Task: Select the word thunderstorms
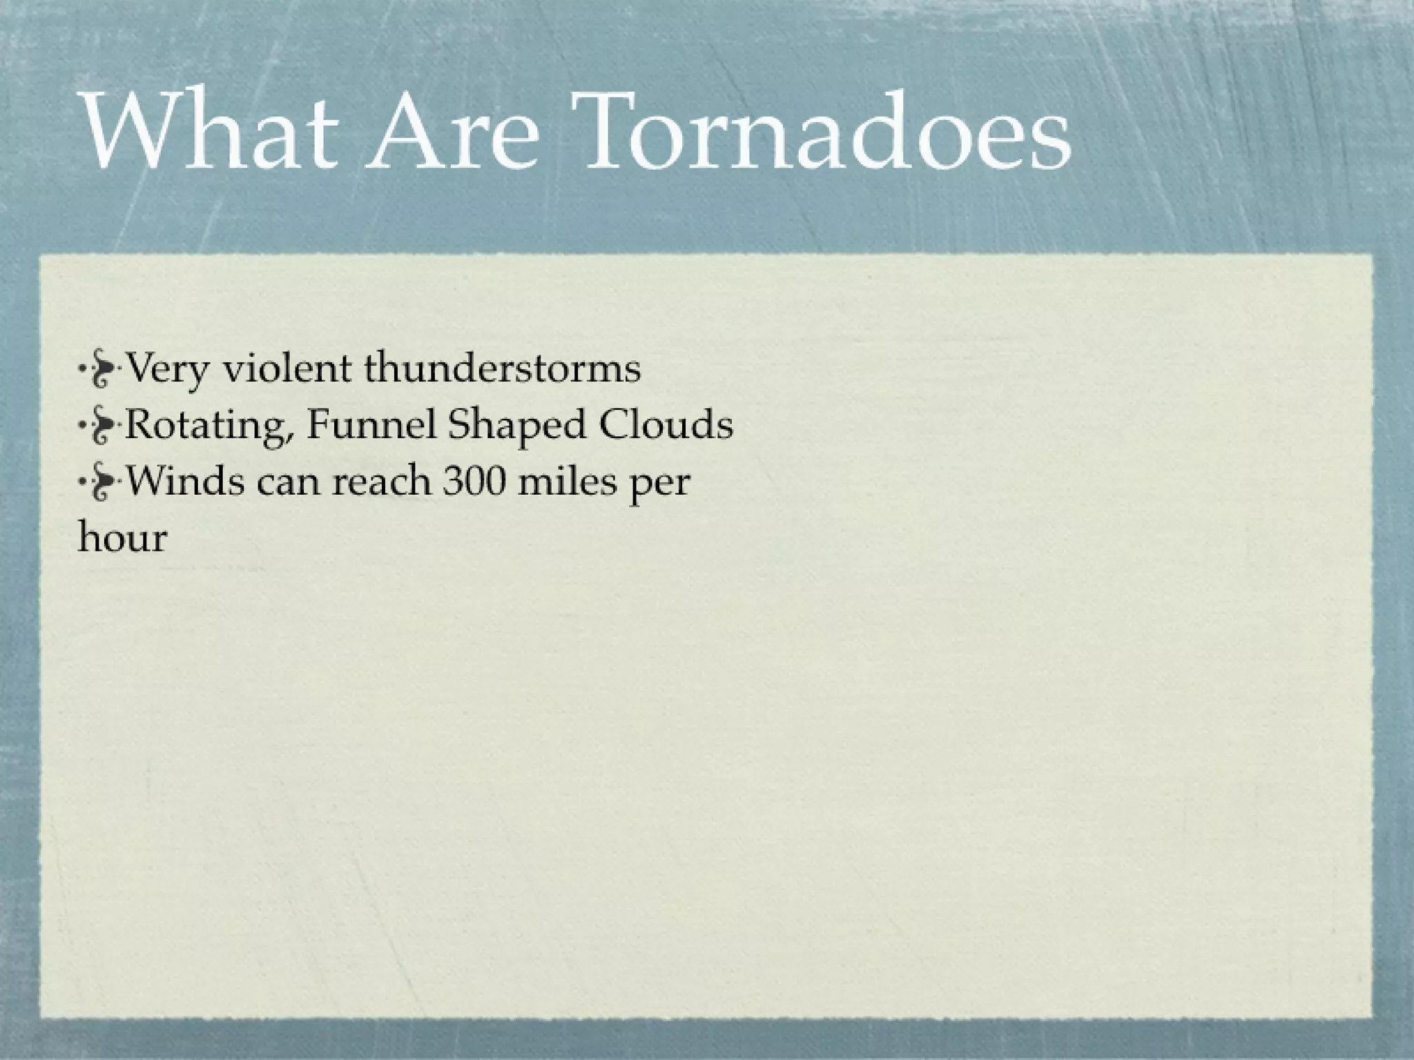pos(502,367)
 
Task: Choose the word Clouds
pos(666,424)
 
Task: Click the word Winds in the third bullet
pos(186,480)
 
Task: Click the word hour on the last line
pos(122,537)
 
